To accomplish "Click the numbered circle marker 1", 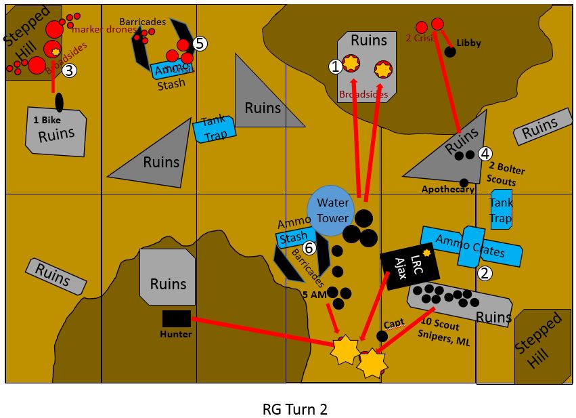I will (x=335, y=66).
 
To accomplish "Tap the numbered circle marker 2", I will (x=484, y=274).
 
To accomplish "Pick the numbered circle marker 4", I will (x=485, y=154).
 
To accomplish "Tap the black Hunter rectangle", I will (x=177, y=318).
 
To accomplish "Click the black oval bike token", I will (x=59, y=102).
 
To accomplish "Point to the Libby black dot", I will (x=449, y=52).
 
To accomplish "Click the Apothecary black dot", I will (x=464, y=183).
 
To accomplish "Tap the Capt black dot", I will (x=382, y=336).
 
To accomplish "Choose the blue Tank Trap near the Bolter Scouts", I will (x=501, y=209).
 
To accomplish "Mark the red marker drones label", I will (x=104, y=29).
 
